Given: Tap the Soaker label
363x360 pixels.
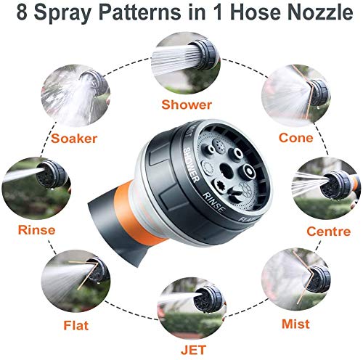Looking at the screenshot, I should (72, 137).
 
